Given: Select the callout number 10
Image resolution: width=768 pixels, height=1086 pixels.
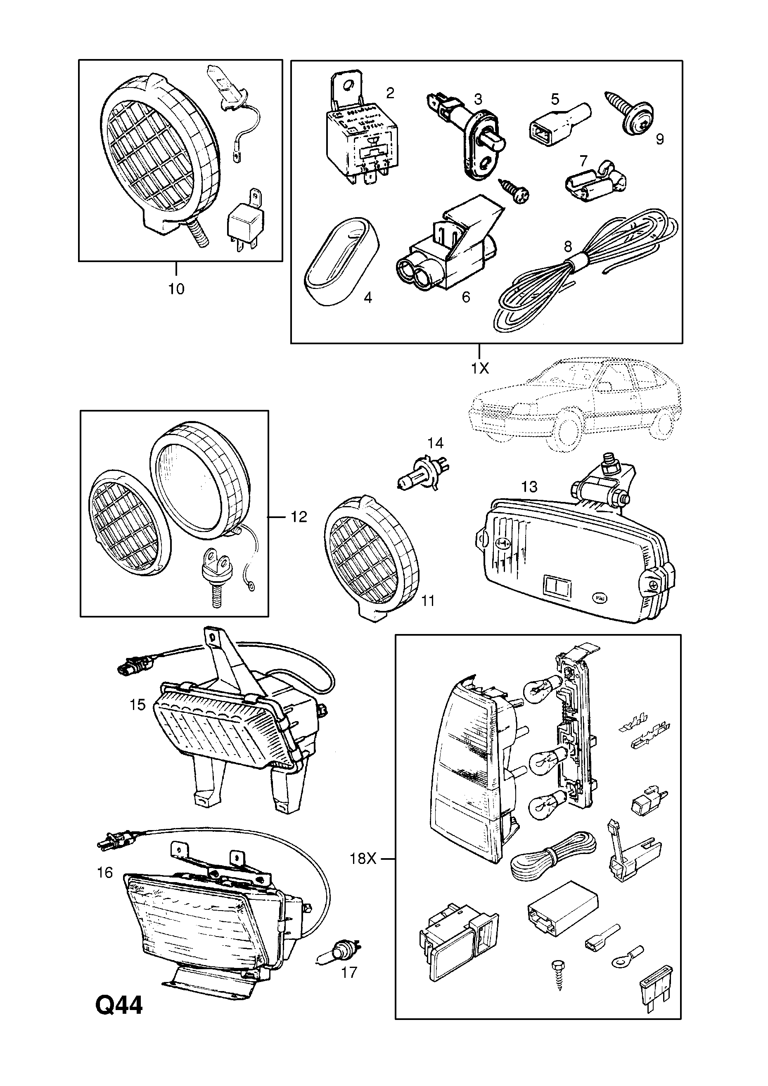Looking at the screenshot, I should [176, 289].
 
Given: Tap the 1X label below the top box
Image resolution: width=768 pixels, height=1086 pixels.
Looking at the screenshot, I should [479, 369].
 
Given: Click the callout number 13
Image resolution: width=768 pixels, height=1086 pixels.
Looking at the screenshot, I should [529, 487].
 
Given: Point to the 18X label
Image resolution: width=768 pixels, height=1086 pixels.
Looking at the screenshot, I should [363, 858].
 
